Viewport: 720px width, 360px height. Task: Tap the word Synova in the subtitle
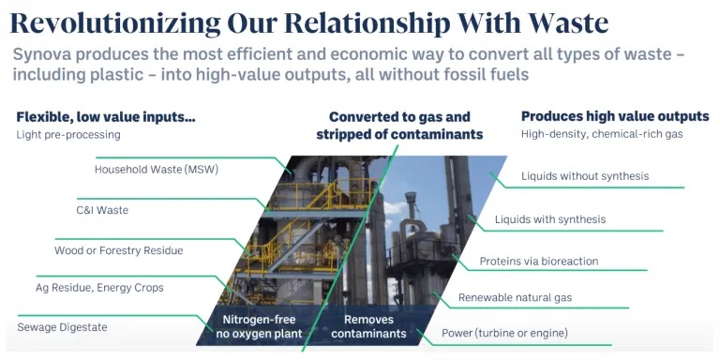point(41,55)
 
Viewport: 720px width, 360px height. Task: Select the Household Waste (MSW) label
point(157,170)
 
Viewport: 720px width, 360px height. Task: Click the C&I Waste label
point(102,210)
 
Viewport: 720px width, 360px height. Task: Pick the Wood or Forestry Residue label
point(118,250)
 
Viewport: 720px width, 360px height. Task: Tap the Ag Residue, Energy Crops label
point(99,288)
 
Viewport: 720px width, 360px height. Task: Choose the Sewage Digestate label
point(62,327)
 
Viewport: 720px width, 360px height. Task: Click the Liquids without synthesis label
point(585,176)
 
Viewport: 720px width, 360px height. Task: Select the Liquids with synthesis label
point(550,219)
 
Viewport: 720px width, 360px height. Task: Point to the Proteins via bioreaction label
point(539,262)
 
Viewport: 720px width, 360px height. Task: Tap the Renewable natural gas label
point(516,297)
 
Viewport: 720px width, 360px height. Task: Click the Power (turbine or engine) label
point(504,333)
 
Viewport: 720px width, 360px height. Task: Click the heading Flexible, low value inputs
point(106,117)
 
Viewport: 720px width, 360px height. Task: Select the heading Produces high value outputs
point(615,116)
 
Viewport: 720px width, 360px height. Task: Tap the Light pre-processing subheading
point(68,135)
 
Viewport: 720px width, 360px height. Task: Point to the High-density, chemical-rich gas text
point(602,135)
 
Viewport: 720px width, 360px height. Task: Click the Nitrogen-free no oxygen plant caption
point(259,326)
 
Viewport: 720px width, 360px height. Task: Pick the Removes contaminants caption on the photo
point(368,326)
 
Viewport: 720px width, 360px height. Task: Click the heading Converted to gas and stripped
point(399,126)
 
